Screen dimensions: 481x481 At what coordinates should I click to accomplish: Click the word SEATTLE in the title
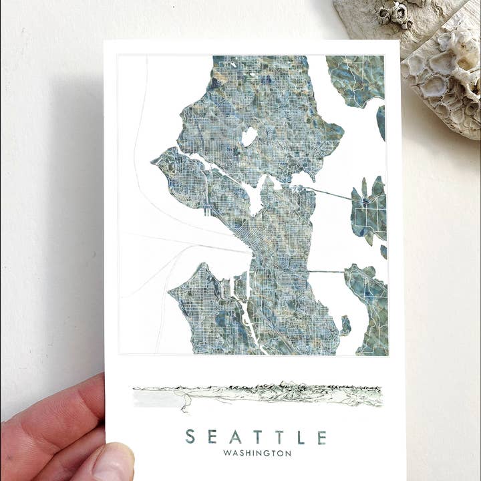pyautogui.click(x=257, y=437)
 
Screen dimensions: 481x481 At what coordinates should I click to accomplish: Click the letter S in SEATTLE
pyautogui.click(x=190, y=437)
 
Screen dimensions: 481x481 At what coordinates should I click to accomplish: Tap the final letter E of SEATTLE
pyautogui.click(x=322, y=437)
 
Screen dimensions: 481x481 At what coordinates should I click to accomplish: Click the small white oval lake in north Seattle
pyautogui.click(x=249, y=136)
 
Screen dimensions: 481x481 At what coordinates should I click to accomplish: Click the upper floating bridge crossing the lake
pyautogui.click(x=334, y=194)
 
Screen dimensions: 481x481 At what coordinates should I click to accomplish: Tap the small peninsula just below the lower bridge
pyautogui.click(x=345, y=326)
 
